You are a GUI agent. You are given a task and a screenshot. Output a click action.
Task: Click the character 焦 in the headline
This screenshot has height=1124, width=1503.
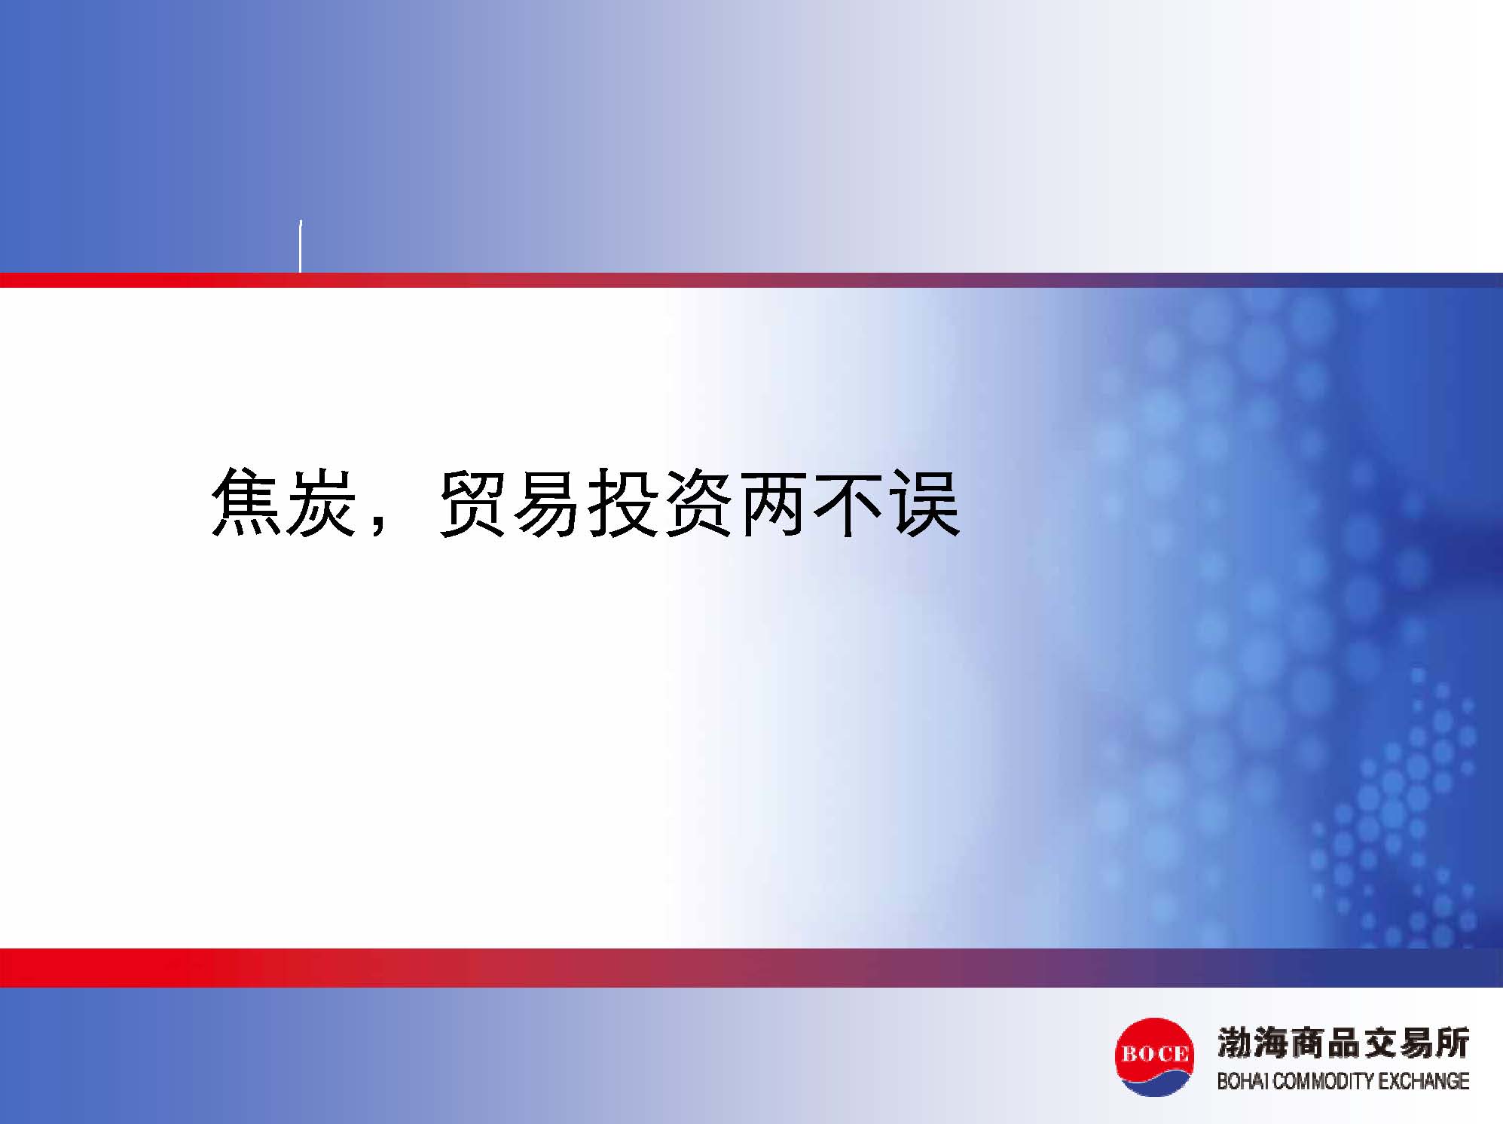click(x=246, y=502)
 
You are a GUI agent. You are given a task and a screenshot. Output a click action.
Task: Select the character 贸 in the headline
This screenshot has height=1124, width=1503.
click(x=472, y=502)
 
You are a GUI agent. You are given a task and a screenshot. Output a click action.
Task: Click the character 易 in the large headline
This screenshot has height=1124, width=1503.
click(x=548, y=502)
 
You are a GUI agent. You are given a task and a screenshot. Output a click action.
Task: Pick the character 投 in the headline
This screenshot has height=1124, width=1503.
click(x=623, y=502)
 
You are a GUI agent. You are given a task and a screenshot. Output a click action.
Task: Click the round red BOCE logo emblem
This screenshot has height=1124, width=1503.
click(x=1154, y=1056)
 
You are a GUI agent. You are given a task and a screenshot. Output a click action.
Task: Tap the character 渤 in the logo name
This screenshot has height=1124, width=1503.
click(x=1236, y=1043)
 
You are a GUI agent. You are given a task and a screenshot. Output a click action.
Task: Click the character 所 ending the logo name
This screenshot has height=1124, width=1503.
click(x=1452, y=1043)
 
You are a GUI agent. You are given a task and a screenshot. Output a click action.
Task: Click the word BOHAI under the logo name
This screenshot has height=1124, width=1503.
click(x=1243, y=1081)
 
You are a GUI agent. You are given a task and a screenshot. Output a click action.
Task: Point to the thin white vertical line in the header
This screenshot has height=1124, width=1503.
click(x=301, y=246)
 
